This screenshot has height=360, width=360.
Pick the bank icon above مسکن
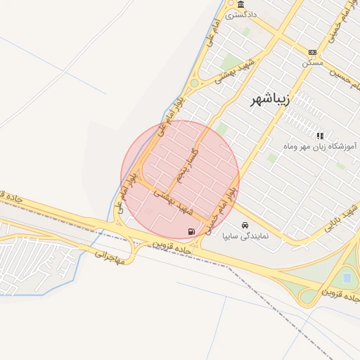pos(312,52)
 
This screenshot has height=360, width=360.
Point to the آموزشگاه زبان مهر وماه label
pos(320,146)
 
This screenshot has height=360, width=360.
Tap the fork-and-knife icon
pos(320,135)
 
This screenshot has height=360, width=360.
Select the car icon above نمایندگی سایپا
pos(244,226)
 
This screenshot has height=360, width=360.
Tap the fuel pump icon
pos(191,231)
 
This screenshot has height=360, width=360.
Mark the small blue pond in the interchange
pos(346,278)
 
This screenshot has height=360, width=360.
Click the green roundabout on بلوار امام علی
pos(194,83)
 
